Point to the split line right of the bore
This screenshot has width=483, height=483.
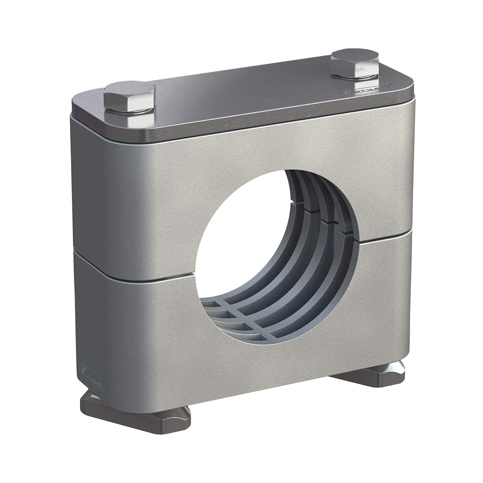click(x=380, y=240)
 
